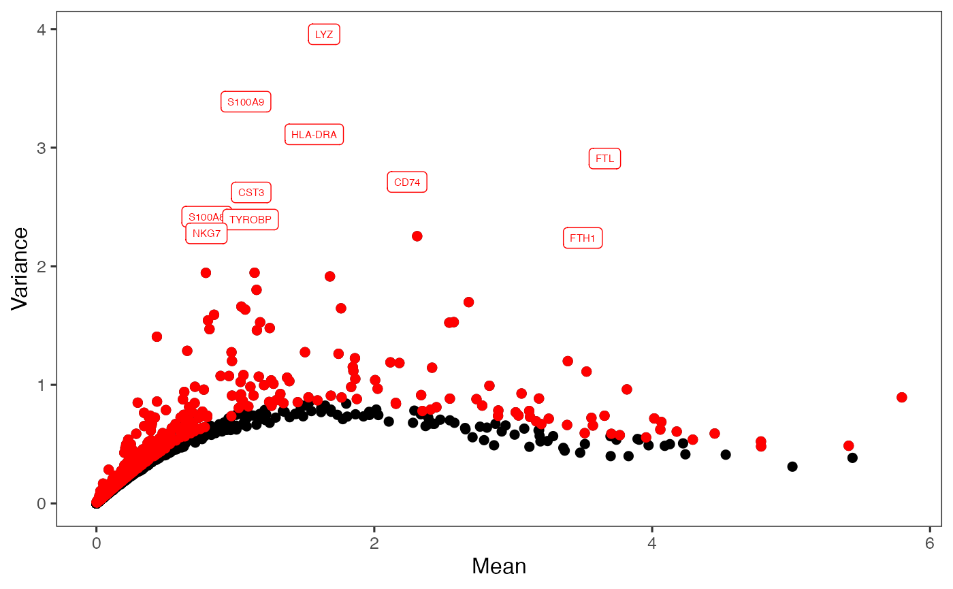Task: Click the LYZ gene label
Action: pyautogui.click(x=324, y=35)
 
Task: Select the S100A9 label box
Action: pyautogui.click(x=246, y=102)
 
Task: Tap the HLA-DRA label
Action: pyautogui.click(x=314, y=135)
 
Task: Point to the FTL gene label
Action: pyautogui.click(x=604, y=159)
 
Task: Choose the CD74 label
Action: pyautogui.click(x=407, y=182)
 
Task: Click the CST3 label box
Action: pyautogui.click(x=251, y=193)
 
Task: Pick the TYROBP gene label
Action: pyautogui.click(x=251, y=220)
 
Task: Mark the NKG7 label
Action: pyautogui.click(x=206, y=234)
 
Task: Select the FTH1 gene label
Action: pyautogui.click(x=583, y=238)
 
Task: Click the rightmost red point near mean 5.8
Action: pyautogui.click(x=902, y=397)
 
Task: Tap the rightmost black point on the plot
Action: pyautogui.click(x=852, y=458)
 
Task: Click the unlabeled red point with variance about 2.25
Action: pyautogui.click(x=417, y=236)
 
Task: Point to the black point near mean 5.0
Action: pyautogui.click(x=792, y=466)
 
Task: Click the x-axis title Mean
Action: pyautogui.click(x=498, y=567)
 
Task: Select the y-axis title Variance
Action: pyautogui.click(x=20, y=268)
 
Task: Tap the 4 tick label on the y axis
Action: pyautogui.click(x=42, y=29)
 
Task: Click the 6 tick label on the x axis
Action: pyautogui.click(x=930, y=545)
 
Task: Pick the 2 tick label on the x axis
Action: pyautogui.click(x=374, y=545)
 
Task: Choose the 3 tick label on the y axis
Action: pyautogui.click(x=42, y=148)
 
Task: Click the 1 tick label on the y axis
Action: pyautogui.click(x=42, y=385)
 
